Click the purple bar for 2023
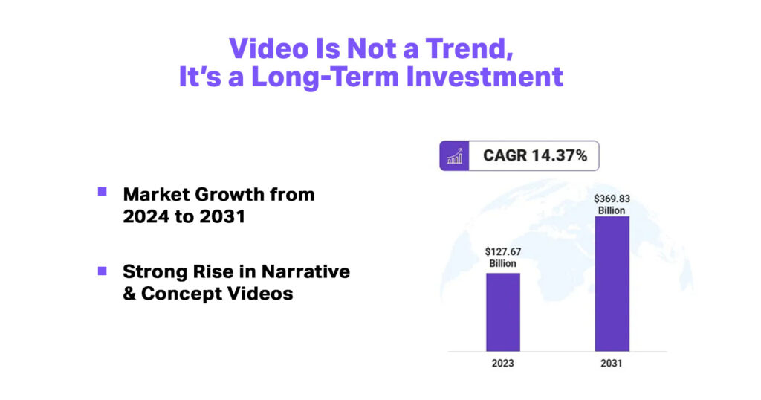click(503, 312)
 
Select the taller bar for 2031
click(612, 283)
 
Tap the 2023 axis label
click(503, 365)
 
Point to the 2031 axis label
click(612, 365)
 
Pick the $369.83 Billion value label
click(612, 204)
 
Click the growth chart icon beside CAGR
click(454, 156)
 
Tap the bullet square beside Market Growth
click(103, 192)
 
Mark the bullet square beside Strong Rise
click(103, 271)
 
